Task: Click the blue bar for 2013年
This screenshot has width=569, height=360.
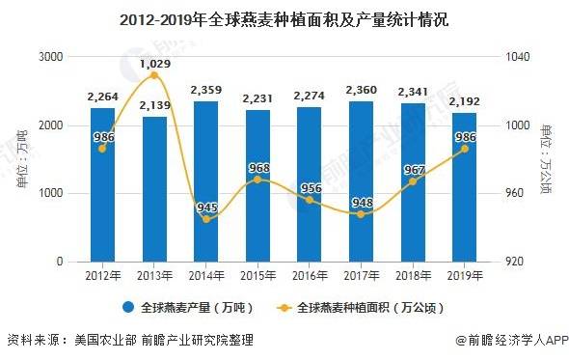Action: [154, 189]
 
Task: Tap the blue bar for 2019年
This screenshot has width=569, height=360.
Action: [464, 187]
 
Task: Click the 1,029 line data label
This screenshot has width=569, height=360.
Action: [154, 64]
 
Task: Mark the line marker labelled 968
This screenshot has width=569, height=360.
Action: [257, 180]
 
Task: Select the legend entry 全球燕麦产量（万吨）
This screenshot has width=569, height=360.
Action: [191, 309]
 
